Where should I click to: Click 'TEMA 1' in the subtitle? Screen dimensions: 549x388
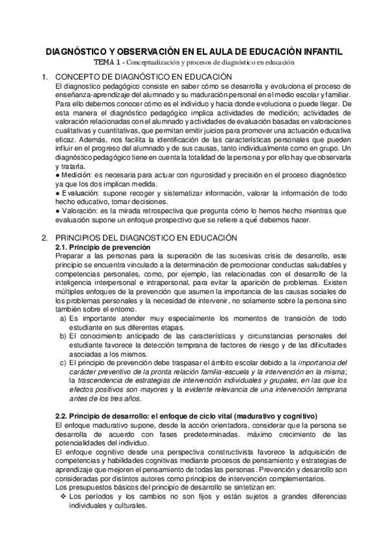(x=108, y=62)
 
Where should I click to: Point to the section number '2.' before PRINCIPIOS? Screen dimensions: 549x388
(x=43, y=238)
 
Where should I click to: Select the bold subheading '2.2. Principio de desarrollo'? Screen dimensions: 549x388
(x=104, y=414)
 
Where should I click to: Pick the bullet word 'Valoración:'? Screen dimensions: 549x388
(x=80, y=210)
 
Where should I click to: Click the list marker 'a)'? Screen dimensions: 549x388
(x=62, y=319)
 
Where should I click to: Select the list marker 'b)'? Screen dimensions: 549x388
(x=62, y=336)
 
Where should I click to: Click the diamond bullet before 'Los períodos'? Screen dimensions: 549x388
(x=62, y=495)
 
